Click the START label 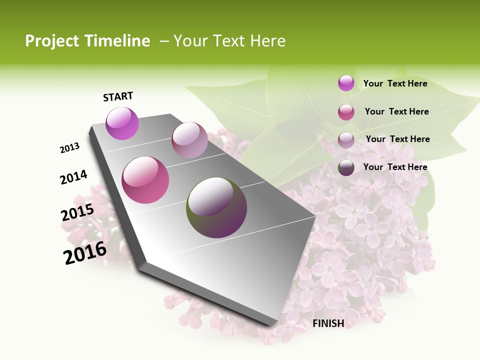tap(118, 96)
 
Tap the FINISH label tap(328, 323)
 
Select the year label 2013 tap(69, 148)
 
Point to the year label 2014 tap(73, 177)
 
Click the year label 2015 tap(77, 212)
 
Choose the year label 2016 tap(85, 252)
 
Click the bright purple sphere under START tap(122, 123)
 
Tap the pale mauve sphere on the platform tap(189, 140)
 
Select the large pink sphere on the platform tap(145, 180)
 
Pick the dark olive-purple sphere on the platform tap(216, 207)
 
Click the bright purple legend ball tap(346, 83)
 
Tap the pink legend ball tap(346, 112)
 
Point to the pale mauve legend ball tap(346, 139)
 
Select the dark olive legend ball tap(346, 167)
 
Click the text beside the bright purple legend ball tap(395, 83)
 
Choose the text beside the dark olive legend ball tap(395, 167)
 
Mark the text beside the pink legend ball tap(396, 111)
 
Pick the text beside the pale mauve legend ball tap(397, 139)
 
